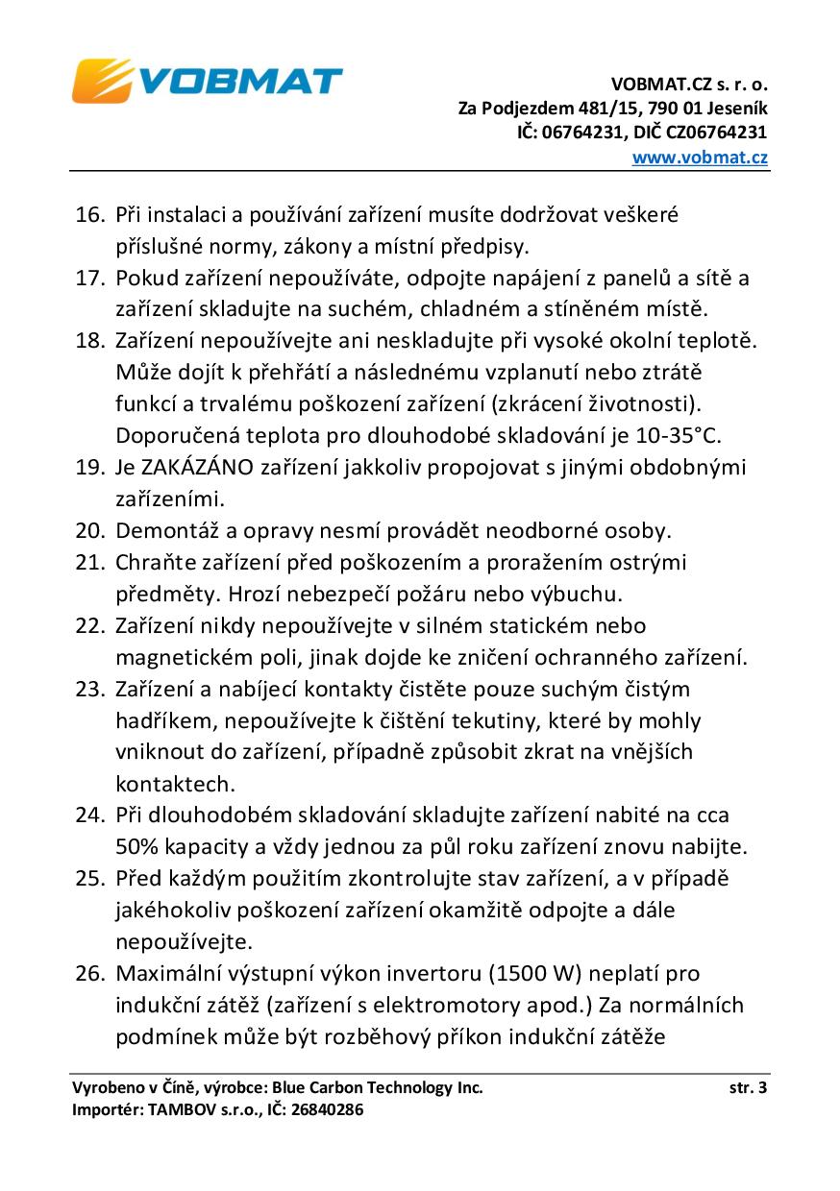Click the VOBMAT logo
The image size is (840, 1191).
point(207,81)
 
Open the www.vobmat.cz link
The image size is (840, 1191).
point(700,158)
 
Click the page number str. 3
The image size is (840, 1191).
point(749,1087)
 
